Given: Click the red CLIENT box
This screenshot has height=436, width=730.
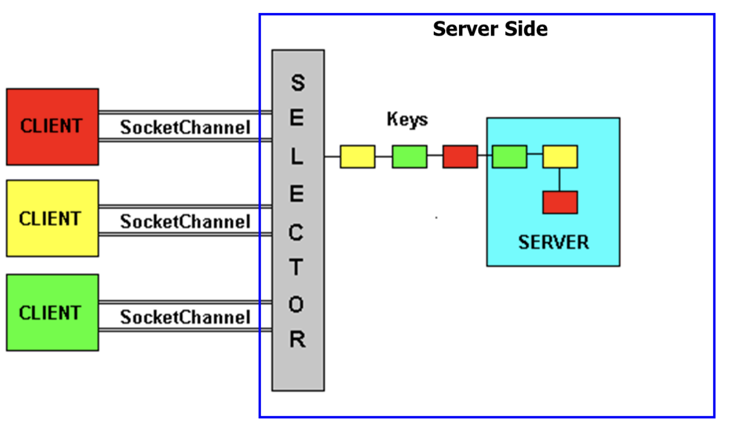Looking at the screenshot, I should [52, 127].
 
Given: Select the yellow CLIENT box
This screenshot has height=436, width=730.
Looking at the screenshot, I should [52, 218].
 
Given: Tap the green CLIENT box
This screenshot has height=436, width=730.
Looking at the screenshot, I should [52, 313].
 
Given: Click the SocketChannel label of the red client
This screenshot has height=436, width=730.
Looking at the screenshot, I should [185, 127].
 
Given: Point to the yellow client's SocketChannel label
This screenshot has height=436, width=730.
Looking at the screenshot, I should [185, 222].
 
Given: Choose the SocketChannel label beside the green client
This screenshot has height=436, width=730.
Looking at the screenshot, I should [185, 317].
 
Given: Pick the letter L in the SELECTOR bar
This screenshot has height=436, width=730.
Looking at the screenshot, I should [297, 157].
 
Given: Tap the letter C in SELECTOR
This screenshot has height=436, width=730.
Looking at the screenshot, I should [296, 233].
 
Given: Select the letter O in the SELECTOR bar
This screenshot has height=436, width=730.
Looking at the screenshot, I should [296, 304].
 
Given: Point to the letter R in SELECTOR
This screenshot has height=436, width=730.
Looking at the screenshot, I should [297, 339].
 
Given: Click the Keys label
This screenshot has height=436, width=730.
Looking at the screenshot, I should [407, 119].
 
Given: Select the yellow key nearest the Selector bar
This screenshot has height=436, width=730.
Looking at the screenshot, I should [357, 157].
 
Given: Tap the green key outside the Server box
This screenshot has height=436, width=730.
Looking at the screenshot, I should [409, 157].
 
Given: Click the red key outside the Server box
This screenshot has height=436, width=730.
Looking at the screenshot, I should [460, 157].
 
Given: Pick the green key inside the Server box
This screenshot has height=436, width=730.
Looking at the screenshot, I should [509, 157].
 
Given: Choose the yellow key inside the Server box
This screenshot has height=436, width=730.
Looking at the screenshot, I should [560, 157].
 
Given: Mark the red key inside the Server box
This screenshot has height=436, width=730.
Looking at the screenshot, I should [560, 202].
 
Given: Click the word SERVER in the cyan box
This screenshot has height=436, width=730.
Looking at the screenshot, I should [553, 242].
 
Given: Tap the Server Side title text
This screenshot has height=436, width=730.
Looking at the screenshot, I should [490, 29].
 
